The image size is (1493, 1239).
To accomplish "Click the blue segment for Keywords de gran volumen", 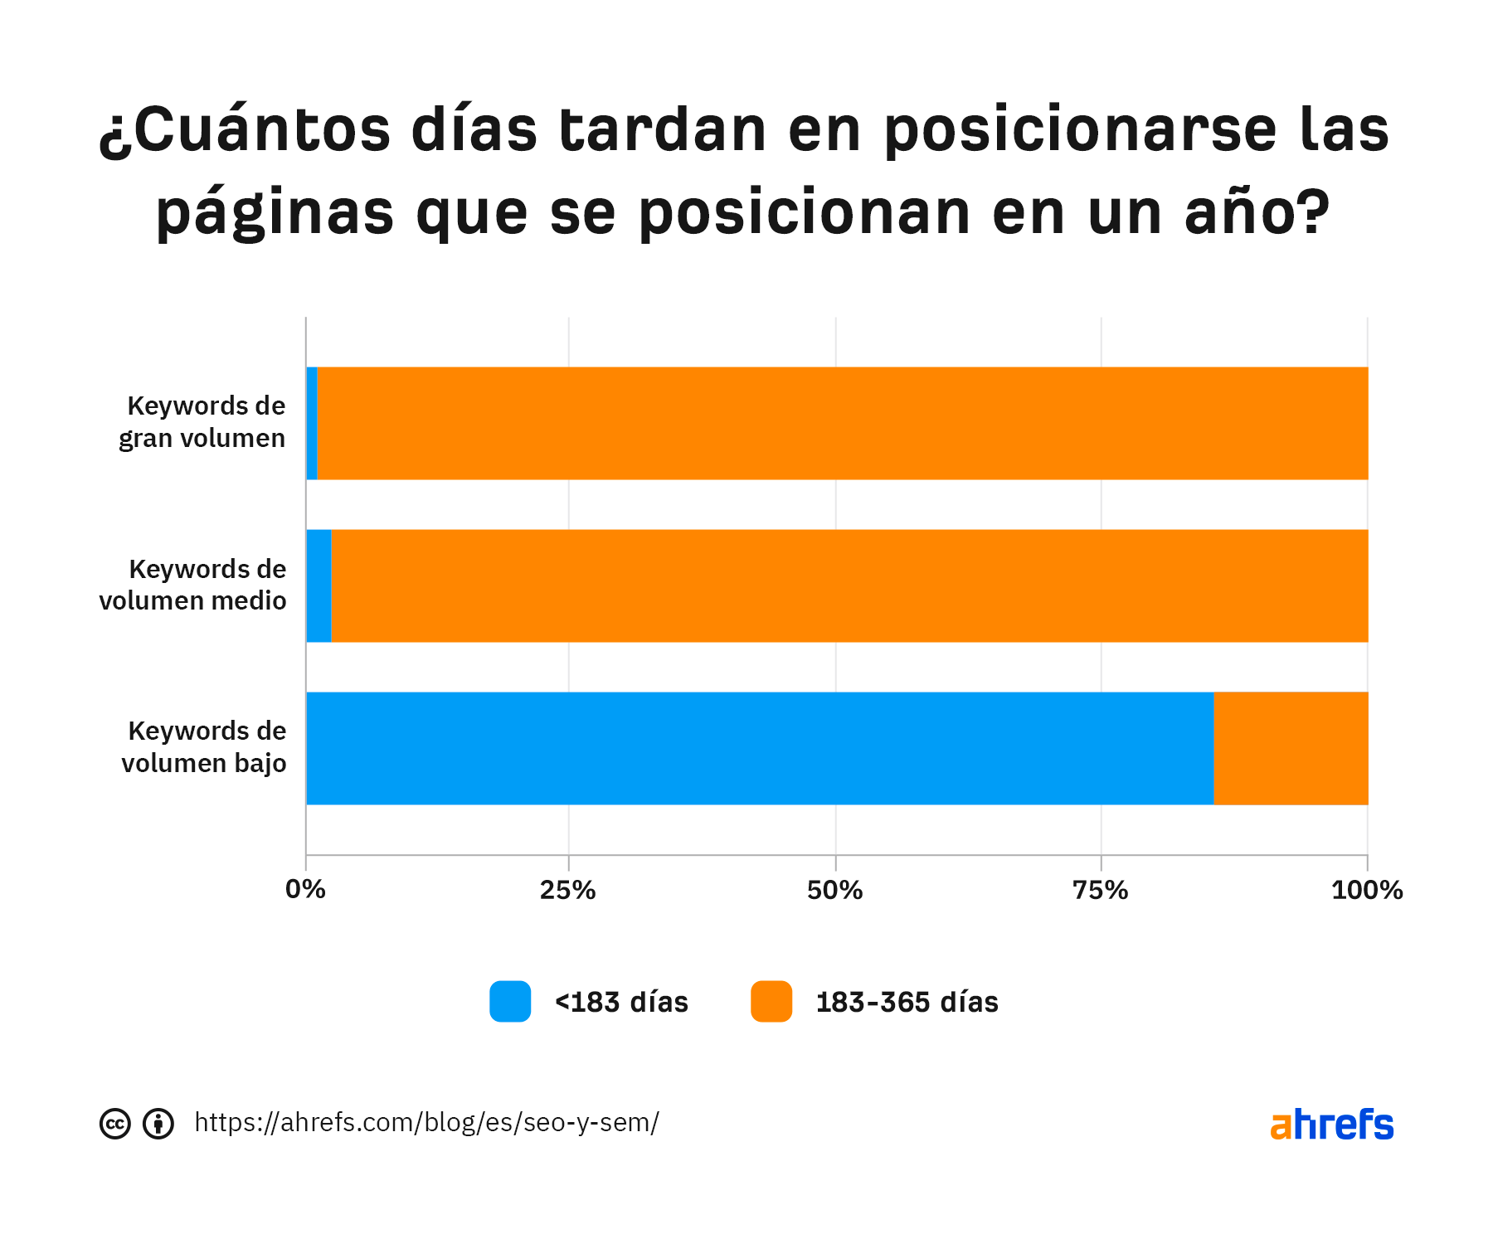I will point(312,423).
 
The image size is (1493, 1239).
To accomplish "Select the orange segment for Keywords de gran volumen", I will point(842,423).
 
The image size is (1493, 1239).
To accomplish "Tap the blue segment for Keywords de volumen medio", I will point(319,585).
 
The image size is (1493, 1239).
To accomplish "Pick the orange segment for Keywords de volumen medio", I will point(849,585).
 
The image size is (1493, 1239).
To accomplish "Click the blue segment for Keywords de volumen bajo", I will point(759,748).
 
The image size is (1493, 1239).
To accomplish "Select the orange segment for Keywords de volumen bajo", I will point(1291,748).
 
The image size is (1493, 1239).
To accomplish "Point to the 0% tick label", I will point(305,890).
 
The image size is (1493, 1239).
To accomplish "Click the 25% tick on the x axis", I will point(568,890).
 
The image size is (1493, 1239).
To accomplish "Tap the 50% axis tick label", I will point(835,890).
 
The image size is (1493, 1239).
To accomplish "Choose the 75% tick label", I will point(1101,890).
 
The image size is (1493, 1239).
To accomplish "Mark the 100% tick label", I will point(1367,890).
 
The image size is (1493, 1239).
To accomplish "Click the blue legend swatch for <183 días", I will point(510,1002).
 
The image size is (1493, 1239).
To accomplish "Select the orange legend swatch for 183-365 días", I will point(771,1002).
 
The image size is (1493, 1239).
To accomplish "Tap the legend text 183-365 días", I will point(907,1003).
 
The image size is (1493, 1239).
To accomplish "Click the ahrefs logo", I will point(1331,1125).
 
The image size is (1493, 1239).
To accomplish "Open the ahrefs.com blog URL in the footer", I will point(426,1123).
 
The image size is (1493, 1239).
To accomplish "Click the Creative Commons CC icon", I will point(115,1124).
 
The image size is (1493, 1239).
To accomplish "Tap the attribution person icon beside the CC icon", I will point(158,1124).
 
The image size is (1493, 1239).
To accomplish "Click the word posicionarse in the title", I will point(1080,131).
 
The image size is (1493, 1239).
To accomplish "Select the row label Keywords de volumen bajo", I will point(205,747).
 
